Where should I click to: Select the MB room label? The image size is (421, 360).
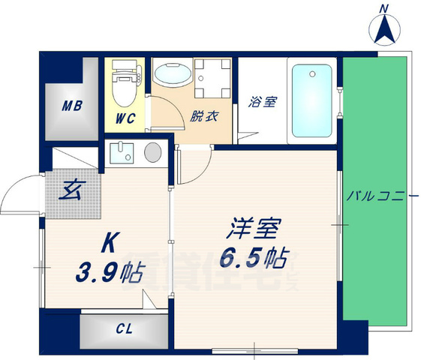[x=72, y=105]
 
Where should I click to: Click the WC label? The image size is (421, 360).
[x=125, y=118]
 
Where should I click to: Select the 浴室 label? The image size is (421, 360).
[x=263, y=100]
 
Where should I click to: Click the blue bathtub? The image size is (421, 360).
[x=311, y=100]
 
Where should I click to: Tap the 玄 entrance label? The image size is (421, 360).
[x=72, y=187]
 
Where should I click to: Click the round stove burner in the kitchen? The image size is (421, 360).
[x=152, y=151]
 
